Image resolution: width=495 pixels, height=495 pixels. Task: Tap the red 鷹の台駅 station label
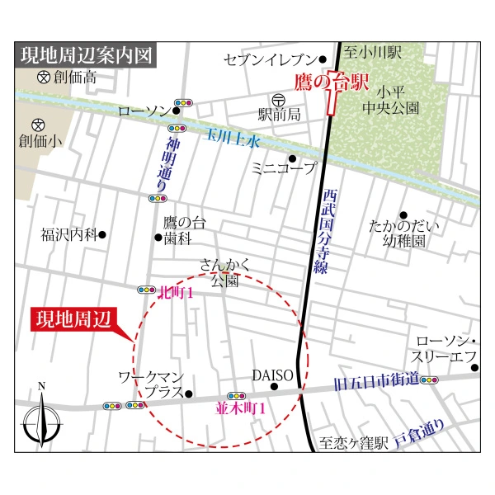point(332,82)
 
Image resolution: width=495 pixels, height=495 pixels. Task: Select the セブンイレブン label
point(270,59)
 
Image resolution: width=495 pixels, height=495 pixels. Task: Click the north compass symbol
point(41,417)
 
